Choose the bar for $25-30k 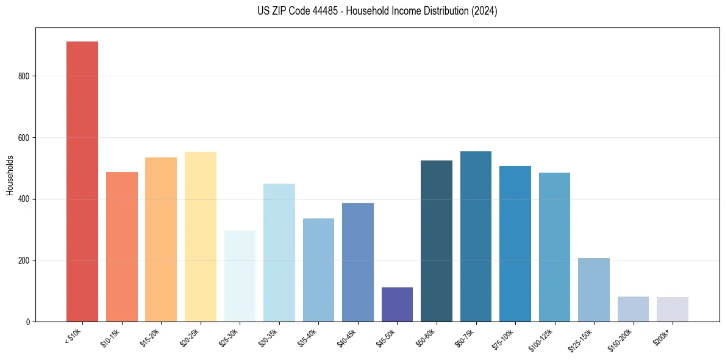240,276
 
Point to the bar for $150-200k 633,309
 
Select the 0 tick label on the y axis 28,322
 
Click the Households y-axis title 10,175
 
